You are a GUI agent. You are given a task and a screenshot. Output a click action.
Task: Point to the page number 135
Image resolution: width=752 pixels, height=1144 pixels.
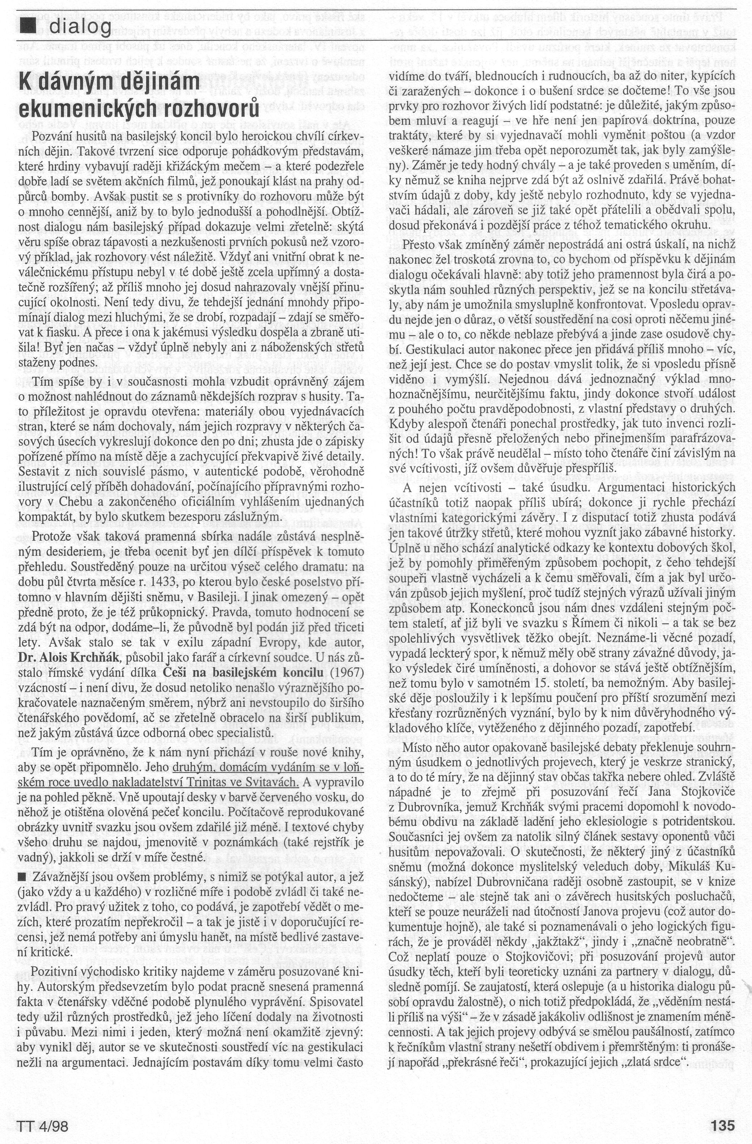click(x=723, y=1122)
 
